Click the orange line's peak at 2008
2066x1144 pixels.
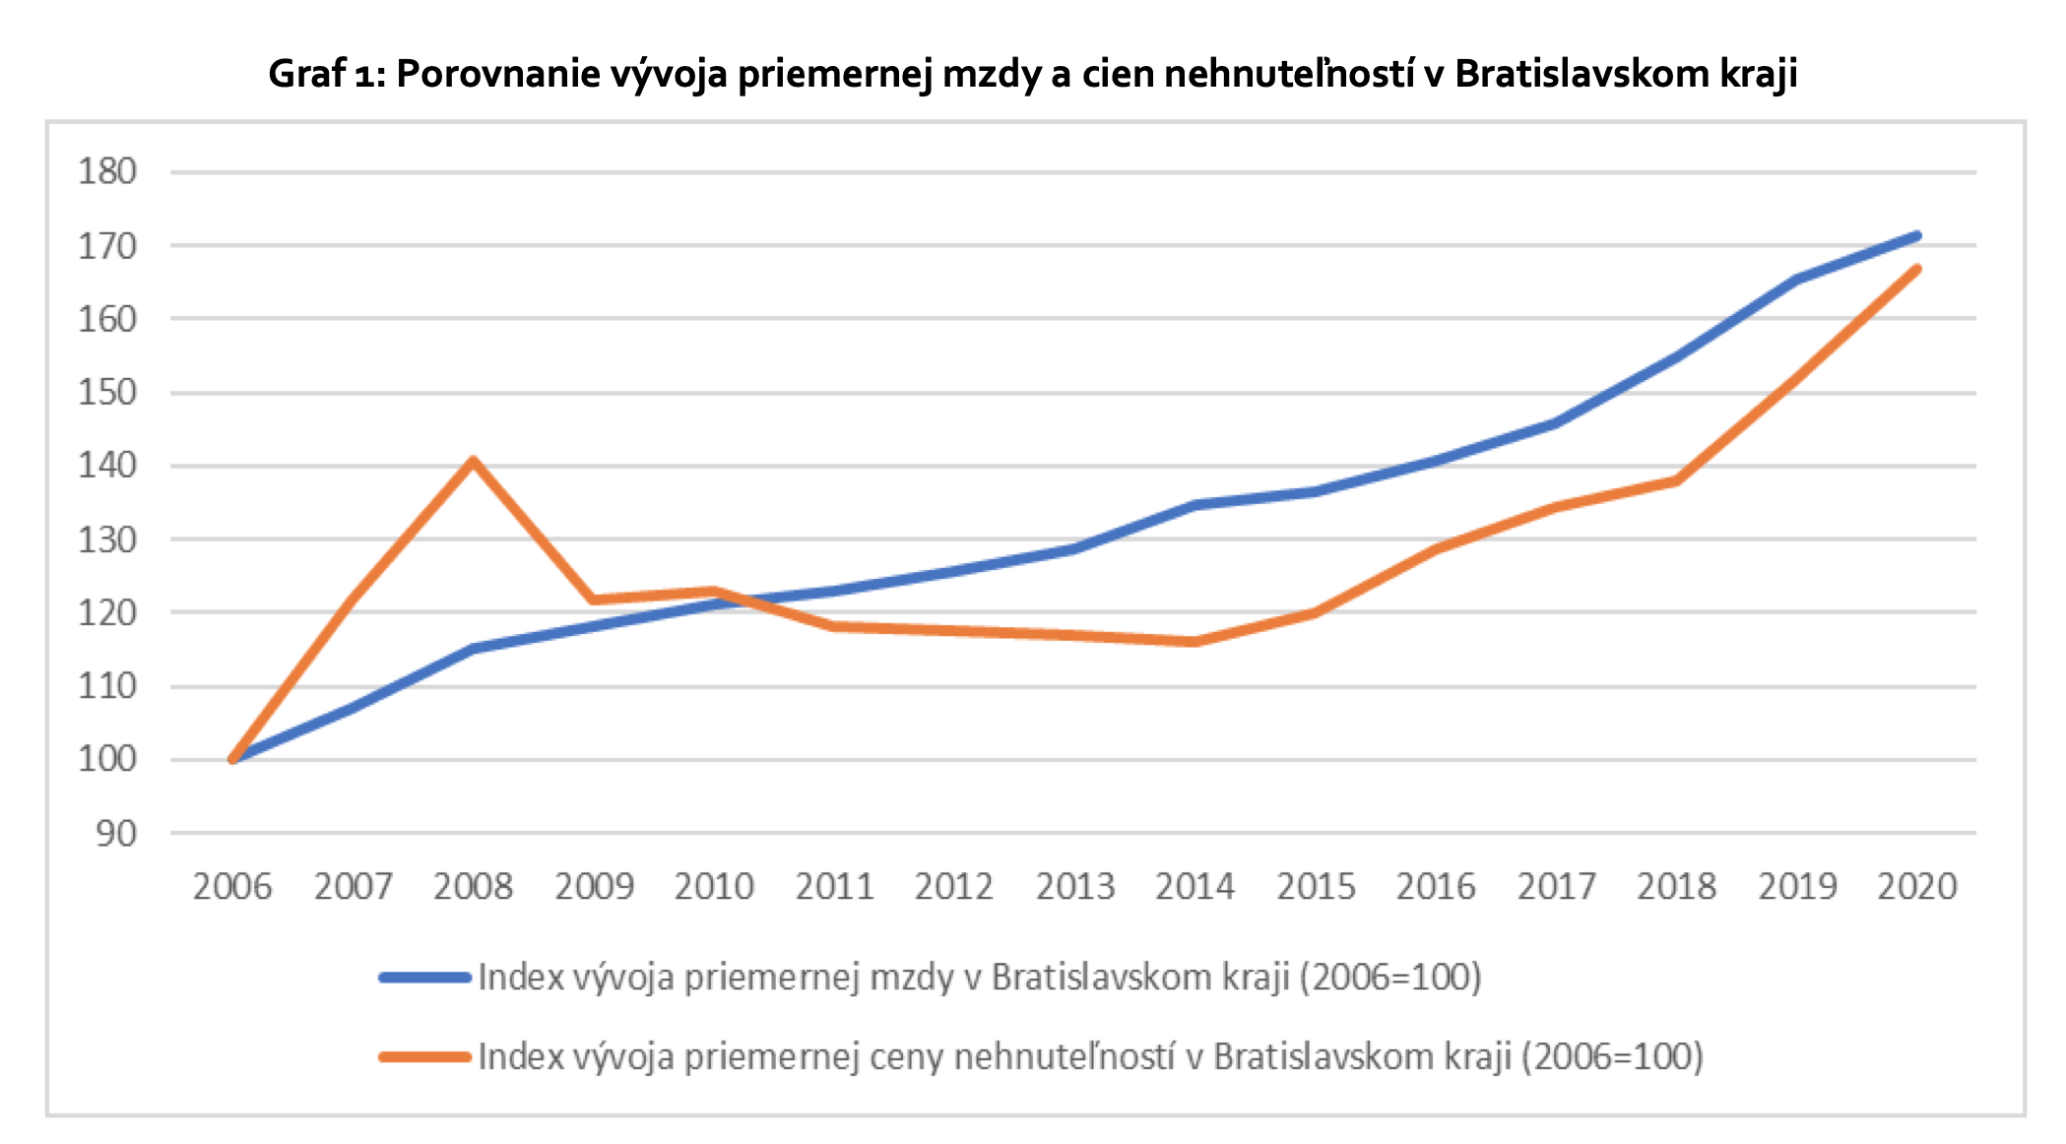pyautogui.click(x=474, y=461)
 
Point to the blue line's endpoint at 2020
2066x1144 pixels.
pyautogui.click(x=1916, y=235)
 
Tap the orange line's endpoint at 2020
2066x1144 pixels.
pyautogui.click(x=1916, y=269)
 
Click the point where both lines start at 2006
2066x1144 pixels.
pyautogui.click(x=233, y=759)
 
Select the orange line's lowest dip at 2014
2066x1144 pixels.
pyautogui.click(x=1194, y=642)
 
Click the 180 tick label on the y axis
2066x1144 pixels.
pyautogui.click(x=107, y=171)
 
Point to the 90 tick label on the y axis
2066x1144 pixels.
pyautogui.click(x=116, y=834)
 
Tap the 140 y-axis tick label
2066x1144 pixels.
pyautogui.click(x=107, y=465)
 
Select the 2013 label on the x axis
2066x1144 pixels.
pyautogui.click(x=1074, y=887)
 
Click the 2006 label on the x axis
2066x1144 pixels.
pyautogui.click(x=232, y=887)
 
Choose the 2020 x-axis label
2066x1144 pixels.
pyautogui.click(x=1916, y=887)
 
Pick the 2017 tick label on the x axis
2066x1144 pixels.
pyautogui.click(x=1556, y=887)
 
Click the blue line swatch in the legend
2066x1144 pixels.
pyautogui.click(x=425, y=978)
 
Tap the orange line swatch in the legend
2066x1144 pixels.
pyautogui.click(x=425, y=1057)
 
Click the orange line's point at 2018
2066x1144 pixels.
pyautogui.click(x=1676, y=480)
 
